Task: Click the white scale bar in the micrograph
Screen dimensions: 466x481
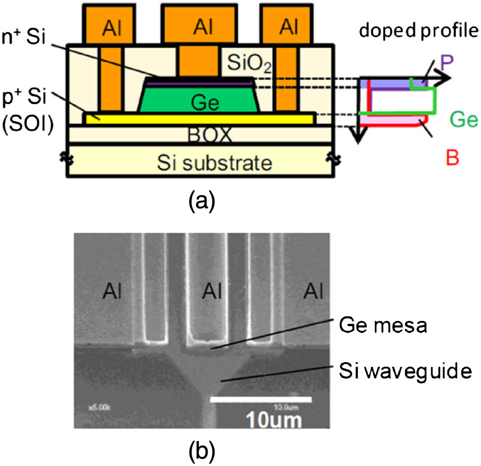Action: tap(261, 399)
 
